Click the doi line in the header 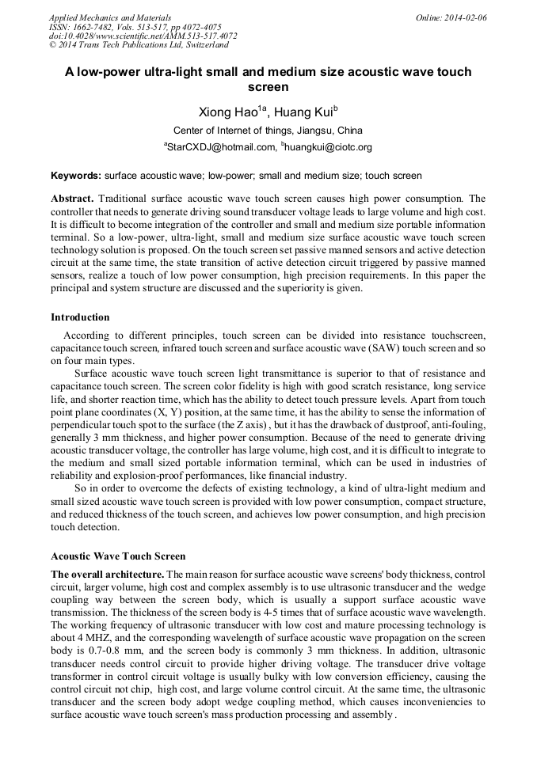pos(143,36)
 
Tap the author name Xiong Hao pos(227,112)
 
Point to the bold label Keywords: pos(76,175)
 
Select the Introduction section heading pos(80,317)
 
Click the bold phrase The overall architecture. pos(108,573)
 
